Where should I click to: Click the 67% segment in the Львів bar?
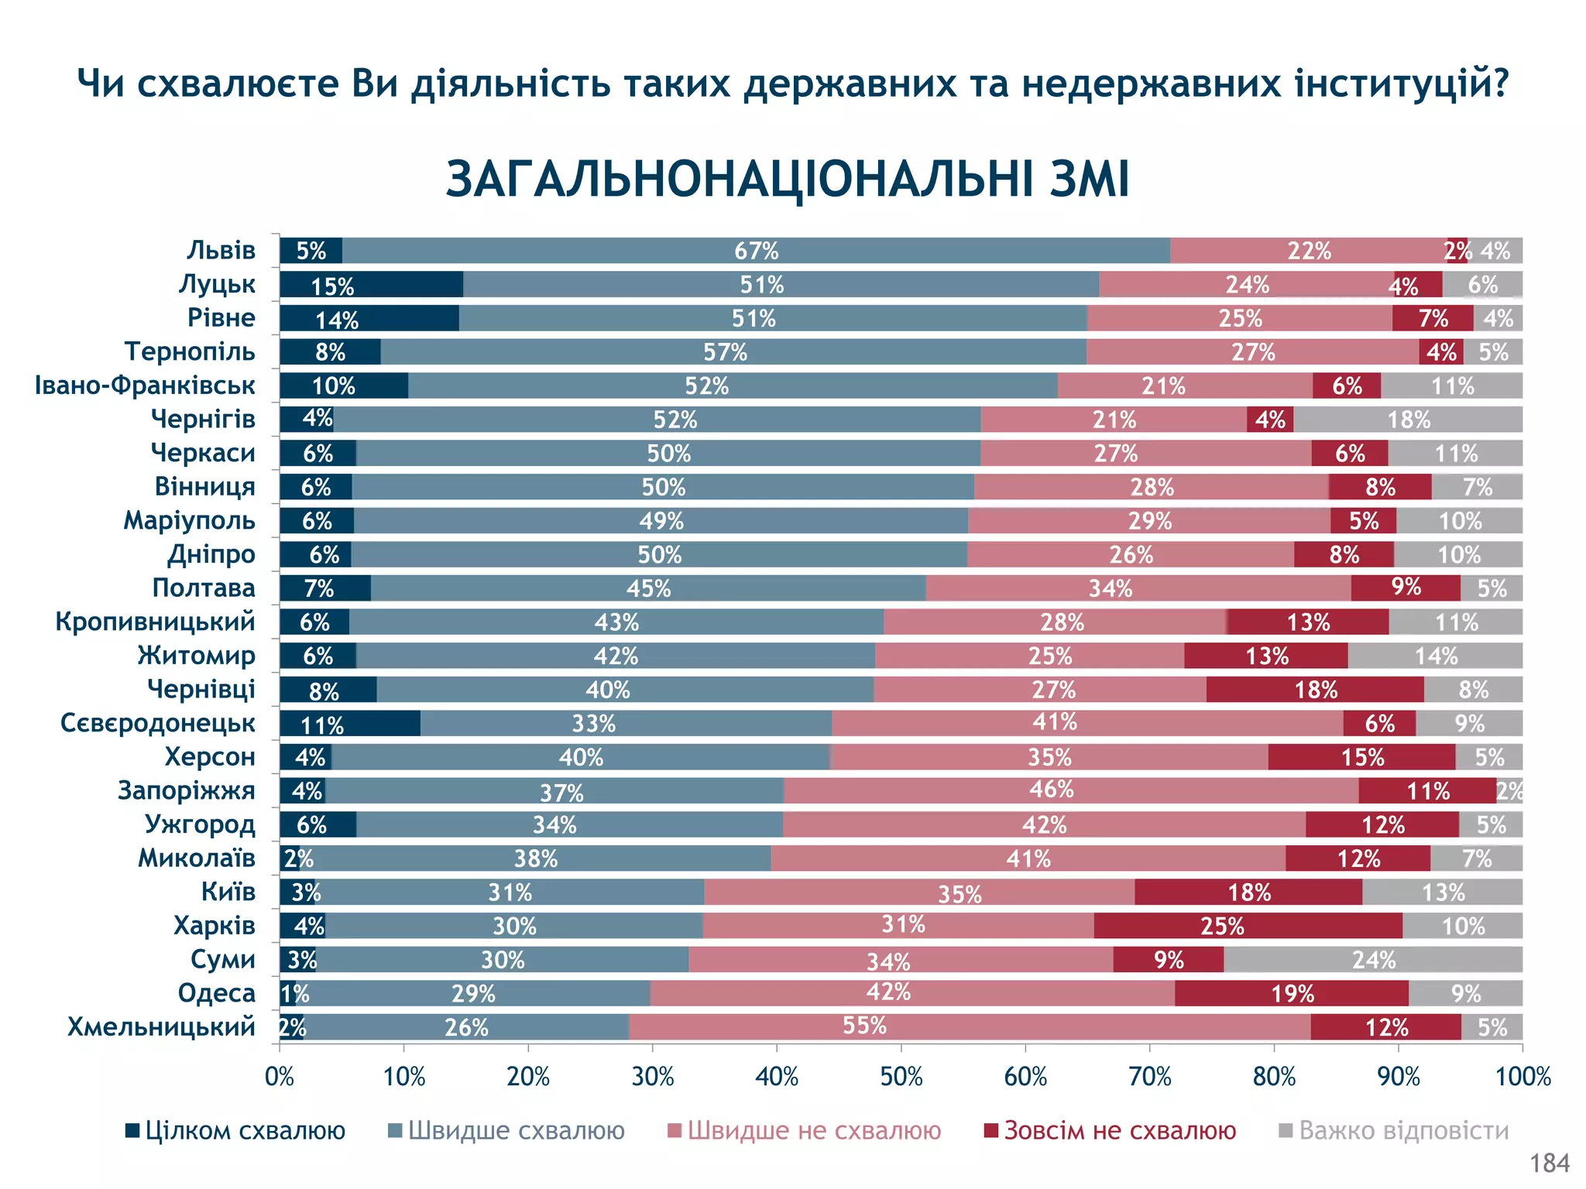(x=756, y=251)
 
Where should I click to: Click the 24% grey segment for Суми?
(x=1373, y=960)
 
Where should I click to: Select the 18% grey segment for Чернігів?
(x=1408, y=420)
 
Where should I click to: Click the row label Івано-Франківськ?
(x=145, y=385)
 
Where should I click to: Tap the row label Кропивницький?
(x=155, y=622)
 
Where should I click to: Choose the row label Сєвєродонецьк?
(x=158, y=723)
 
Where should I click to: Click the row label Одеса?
(x=216, y=993)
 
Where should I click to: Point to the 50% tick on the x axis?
(x=901, y=1077)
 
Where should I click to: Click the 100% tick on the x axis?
(x=1522, y=1077)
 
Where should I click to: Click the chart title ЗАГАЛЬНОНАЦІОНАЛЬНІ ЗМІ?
(x=788, y=180)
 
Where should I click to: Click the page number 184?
(x=1550, y=1163)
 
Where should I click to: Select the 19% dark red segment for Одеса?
(x=1291, y=993)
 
